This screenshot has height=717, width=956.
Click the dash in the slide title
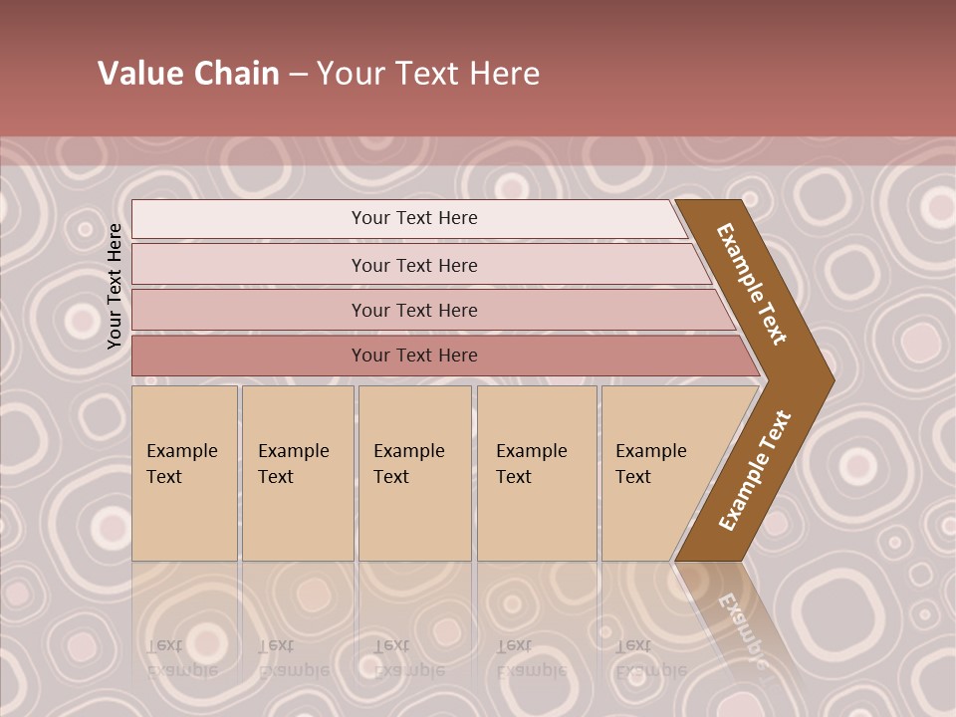click(x=298, y=75)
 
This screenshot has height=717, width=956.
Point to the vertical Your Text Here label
click(x=115, y=286)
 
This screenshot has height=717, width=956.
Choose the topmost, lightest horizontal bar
click(x=413, y=219)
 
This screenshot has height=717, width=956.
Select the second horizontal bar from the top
click(x=413, y=265)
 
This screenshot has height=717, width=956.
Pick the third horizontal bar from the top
click(x=413, y=311)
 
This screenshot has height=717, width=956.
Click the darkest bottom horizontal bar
click(x=413, y=356)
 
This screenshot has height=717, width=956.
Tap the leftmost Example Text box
click(x=184, y=473)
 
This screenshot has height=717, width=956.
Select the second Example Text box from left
click(x=298, y=473)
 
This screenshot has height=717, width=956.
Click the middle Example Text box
click(x=414, y=473)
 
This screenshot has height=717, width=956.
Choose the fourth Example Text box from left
click(x=537, y=473)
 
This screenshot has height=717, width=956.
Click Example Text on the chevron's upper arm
click(x=752, y=283)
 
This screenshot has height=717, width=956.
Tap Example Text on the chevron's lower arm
click(x=755, y=471)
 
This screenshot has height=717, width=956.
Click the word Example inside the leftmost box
click(x=181, y=451)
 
